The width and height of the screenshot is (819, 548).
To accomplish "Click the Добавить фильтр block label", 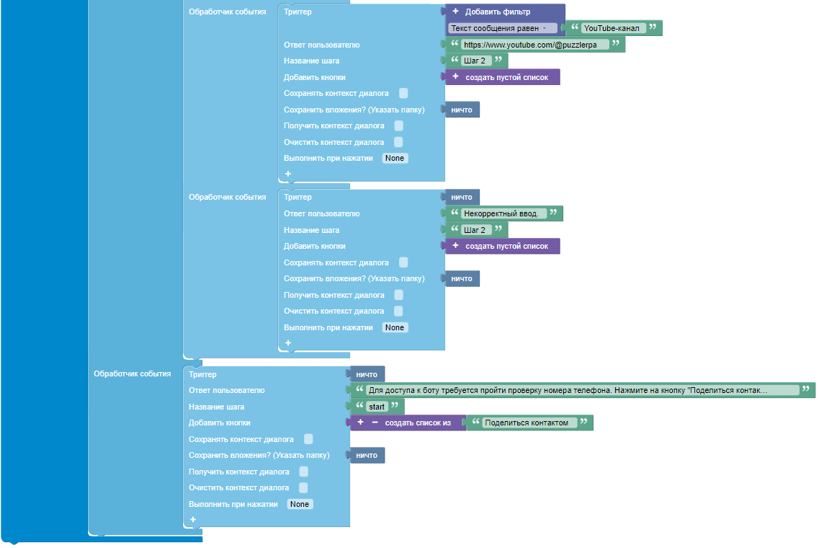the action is point(497,12).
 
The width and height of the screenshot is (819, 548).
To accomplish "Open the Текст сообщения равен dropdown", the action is point(498,28).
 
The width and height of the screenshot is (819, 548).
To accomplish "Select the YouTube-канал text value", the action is point(612,28).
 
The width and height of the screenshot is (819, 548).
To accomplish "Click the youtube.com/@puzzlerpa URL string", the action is point(530,45).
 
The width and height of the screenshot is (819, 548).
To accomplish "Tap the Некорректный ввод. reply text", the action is point(501,213).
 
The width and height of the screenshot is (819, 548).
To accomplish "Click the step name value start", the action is point(377,407).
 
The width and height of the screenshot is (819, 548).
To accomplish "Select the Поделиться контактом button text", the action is point(527,423).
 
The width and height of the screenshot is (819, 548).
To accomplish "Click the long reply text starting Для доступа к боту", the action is point(568,390).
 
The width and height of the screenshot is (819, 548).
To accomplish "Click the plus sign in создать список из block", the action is point(360,422).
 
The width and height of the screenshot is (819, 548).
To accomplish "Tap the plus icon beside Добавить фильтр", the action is point(455,11).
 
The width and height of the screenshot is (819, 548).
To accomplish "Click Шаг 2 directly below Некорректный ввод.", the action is point(475,230).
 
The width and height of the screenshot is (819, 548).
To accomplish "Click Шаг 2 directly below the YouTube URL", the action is point(475,61).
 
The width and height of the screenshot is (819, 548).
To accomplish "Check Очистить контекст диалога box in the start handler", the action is point(303,487).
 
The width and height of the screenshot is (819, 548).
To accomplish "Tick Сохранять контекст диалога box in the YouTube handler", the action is point(404,93).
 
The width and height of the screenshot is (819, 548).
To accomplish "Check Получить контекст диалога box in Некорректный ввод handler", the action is point(398,295).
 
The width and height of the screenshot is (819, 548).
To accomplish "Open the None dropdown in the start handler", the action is point(300,504).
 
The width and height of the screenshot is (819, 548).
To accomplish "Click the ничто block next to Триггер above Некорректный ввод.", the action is point(462,197).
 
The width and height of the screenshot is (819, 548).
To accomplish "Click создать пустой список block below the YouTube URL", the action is point(503,77).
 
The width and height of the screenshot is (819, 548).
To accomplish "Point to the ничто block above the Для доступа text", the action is point(367,374).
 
